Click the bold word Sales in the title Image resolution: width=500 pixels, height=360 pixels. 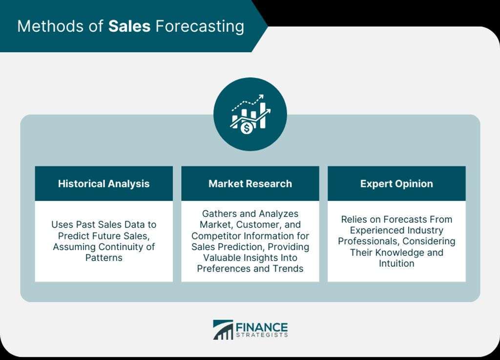point(129,26)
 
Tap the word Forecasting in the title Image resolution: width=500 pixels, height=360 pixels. point(200,27)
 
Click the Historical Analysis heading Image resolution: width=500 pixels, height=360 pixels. point(104,184)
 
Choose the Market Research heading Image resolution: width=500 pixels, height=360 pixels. point(250,184)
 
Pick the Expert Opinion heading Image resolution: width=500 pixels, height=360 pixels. point(396,184)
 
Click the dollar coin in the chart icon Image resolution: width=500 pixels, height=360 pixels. point(246,128)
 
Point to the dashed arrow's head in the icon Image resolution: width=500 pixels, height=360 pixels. point(261,97)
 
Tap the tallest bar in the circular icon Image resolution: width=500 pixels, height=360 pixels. point(263,115)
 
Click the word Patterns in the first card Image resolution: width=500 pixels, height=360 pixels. point(104,257)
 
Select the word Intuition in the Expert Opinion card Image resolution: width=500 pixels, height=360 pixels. point(396,263)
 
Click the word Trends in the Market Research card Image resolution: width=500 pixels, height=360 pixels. point(288,269)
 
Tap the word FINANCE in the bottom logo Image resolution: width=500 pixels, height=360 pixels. point(262,327)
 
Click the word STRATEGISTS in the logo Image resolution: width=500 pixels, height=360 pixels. point(262,335)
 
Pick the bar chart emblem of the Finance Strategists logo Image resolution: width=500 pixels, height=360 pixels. point(223,330)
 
